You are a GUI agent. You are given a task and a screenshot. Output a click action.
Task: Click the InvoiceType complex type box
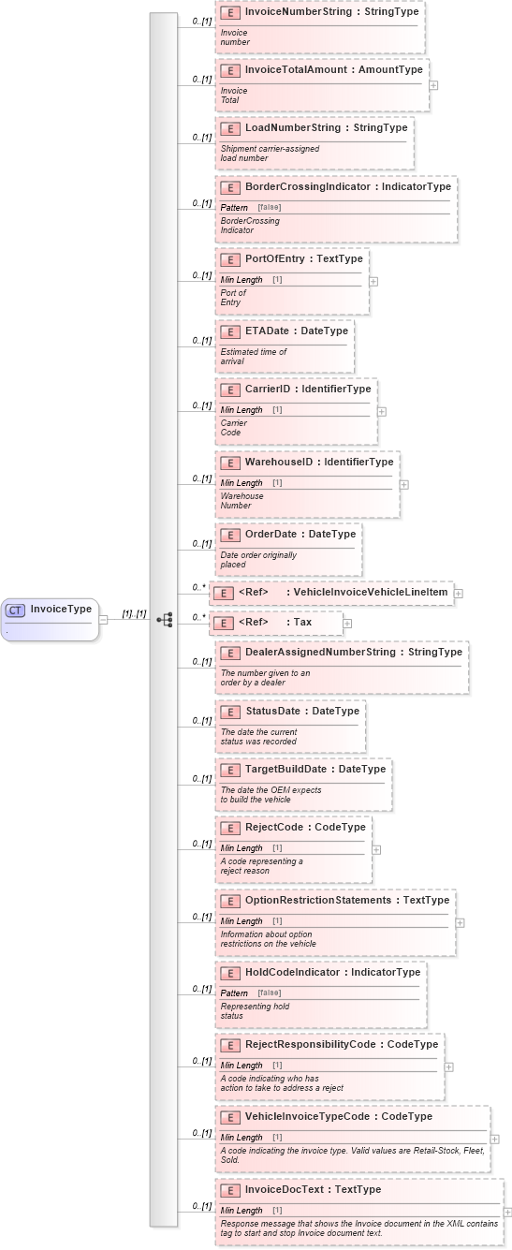tap(51, 619)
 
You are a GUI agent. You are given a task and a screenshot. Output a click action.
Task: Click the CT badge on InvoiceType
tap(15, 610)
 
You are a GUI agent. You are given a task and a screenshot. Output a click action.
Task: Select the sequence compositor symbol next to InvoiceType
tap(165, 619)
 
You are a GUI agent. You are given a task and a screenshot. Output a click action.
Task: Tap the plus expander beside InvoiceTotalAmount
tap(433, 84)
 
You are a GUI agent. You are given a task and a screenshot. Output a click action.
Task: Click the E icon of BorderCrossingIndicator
tap(229, 186)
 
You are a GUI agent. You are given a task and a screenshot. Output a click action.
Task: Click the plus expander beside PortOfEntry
tap(373, 280)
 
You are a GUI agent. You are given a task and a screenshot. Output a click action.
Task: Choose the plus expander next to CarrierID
tap(382, 410)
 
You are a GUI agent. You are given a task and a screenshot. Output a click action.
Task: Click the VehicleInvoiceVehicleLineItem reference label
tap(370, 592)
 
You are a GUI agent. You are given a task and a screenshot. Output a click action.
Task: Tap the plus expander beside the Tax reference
tap(347, 622)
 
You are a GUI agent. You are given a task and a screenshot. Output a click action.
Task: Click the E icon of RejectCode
tap(229, 828)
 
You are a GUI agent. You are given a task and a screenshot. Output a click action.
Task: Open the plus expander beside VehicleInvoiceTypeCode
tap(494, 1140)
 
